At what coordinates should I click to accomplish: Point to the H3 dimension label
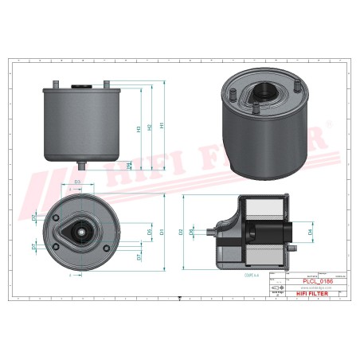coord(139,127)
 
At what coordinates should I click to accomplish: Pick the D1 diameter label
coord(162,232)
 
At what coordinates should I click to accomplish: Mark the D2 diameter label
coord(182,232)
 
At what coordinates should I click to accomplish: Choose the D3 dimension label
coord(77,183)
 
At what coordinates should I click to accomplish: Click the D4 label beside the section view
coord(310,232)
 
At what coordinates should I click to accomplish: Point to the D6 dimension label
coord(150,232)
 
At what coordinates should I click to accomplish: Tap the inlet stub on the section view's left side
coord(211,232)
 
